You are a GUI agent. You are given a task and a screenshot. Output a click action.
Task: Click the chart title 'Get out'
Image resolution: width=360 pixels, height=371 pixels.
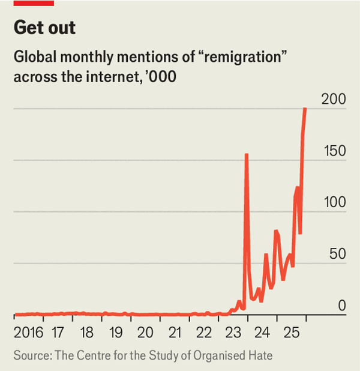click(45, 28)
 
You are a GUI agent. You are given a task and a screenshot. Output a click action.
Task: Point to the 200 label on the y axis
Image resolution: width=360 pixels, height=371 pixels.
click(334, 100)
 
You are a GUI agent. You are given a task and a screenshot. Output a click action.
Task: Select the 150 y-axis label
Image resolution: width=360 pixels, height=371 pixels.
click(334, 151)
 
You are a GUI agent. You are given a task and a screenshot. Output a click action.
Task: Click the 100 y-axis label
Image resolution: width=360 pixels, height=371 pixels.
click(334, 202)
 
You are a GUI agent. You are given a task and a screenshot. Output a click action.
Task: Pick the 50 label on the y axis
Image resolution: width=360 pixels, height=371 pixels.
click(337, 254)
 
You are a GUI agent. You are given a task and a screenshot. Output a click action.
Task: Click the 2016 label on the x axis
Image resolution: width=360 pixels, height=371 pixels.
click(29, 333)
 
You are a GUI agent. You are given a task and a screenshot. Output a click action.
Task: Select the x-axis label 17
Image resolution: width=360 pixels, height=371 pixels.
click(58, 333)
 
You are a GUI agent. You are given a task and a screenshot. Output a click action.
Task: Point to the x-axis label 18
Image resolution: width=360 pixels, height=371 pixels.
click(86, 333)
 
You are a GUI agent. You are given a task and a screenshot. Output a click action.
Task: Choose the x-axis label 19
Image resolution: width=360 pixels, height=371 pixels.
click(116, 333)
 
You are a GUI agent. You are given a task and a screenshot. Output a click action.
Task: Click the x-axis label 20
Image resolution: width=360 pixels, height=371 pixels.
click(145, 333)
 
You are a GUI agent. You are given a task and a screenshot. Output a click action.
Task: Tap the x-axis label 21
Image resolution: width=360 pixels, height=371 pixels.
click(175, 333)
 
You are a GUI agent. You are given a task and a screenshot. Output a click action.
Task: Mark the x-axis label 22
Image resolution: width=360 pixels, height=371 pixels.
click(204, 333)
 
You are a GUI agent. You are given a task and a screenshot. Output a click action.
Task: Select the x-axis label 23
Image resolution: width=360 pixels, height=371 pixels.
click(233, 333)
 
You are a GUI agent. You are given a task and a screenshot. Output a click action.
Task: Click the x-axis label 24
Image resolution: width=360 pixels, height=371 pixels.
click(262, 333)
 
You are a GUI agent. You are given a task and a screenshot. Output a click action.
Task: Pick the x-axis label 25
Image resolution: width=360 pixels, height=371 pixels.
click(292, 333)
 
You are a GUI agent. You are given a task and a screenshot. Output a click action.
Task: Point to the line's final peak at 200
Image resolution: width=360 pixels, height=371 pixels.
click(305, 109)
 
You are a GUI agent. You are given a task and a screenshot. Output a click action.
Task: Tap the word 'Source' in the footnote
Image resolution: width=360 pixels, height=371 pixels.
click(31, 355)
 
